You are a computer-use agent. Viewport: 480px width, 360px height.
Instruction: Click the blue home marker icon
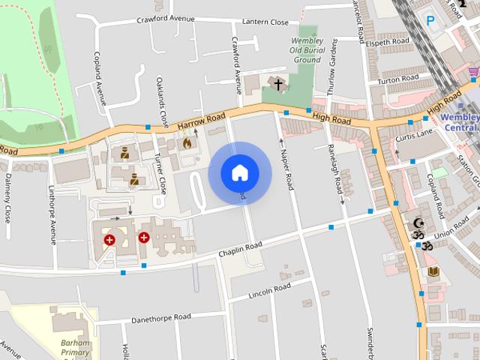pos(239,172)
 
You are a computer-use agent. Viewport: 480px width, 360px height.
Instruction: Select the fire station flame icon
pos(187,142)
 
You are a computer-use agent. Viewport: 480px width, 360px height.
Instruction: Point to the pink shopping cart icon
pos(473,72)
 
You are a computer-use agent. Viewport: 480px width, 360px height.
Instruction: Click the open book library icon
pos(433,271)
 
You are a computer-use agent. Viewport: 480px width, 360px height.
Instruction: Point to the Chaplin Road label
pos(240,247)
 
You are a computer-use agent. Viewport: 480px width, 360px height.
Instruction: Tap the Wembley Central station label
pos(460,122)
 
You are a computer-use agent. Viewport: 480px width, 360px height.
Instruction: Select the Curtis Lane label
pos(415,133)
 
